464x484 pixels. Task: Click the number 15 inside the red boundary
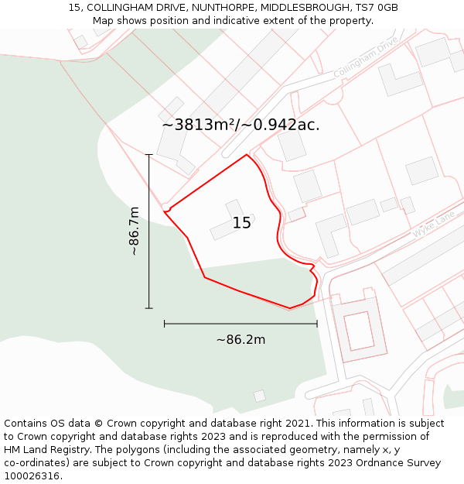coord(242,223)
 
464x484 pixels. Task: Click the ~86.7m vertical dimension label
coord(134,231)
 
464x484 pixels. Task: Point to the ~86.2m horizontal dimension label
coord(241,340)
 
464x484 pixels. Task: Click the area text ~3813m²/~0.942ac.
coord(241,125)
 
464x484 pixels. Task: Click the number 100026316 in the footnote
coord(31,476)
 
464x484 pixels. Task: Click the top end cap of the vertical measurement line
coord(149,155)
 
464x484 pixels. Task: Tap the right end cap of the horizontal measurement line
coord(317,324)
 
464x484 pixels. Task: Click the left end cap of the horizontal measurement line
coord(165,324)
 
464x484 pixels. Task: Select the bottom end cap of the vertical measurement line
coord(149,308)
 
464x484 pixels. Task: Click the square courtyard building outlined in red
coord(359,331)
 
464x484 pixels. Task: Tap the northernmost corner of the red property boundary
coord(247,155)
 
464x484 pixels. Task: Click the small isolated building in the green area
coord(260,396)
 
